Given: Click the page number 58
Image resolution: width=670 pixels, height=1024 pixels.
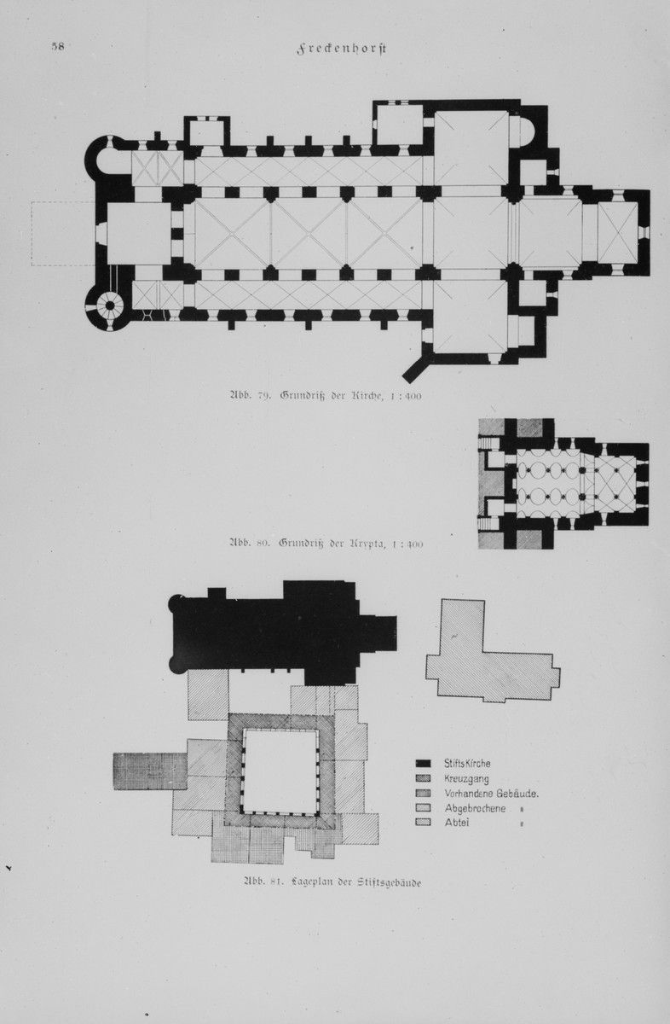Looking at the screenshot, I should pyautogui.click(x=58, y=47).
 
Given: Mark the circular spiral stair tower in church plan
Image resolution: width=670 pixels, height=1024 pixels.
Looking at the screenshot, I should pyautogui.click(x=111, y=304).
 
